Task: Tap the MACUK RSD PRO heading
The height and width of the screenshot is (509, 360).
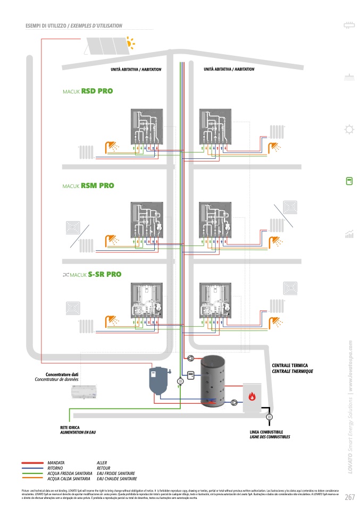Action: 88,91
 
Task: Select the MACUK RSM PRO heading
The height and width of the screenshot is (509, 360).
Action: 88,186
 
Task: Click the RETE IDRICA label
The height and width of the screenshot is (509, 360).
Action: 70,428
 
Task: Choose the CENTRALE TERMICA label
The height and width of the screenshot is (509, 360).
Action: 290,366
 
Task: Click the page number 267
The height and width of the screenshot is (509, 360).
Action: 349,497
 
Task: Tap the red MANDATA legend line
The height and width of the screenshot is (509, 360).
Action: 34,463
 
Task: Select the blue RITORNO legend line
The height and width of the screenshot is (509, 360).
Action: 34,468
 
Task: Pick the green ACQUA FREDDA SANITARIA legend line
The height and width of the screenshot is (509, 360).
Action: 34,473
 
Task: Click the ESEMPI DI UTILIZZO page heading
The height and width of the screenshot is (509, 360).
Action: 74,26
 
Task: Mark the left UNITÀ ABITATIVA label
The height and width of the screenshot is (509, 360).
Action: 136,70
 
